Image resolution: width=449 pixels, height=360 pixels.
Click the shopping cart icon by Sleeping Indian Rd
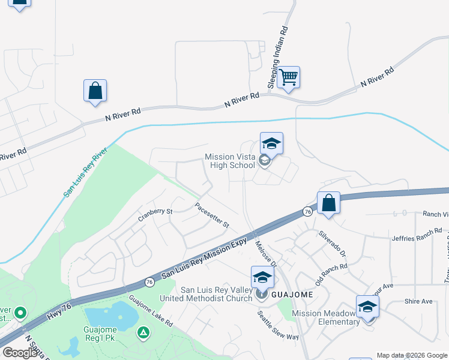[x=289, y=77]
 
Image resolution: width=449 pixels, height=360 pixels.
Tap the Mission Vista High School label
[x=231, y=161]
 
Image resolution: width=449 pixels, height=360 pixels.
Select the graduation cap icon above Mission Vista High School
[x=271, y=144]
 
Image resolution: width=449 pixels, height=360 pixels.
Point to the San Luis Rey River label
[x=85, y=172]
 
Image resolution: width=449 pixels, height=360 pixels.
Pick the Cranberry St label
[x=155, y=211]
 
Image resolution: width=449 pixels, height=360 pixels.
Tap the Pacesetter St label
[x=212, y=215]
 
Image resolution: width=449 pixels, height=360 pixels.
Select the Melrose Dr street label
[x=265, y=254]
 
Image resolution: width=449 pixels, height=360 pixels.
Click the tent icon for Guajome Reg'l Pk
[x=143, y=332]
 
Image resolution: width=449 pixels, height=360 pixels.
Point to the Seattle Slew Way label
[x=278, y=325]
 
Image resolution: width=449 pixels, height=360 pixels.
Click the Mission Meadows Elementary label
[x=326, y=317]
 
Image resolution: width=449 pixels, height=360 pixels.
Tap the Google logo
[x=20, y=352]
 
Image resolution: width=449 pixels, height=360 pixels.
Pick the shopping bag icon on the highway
[x=328, y=203]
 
